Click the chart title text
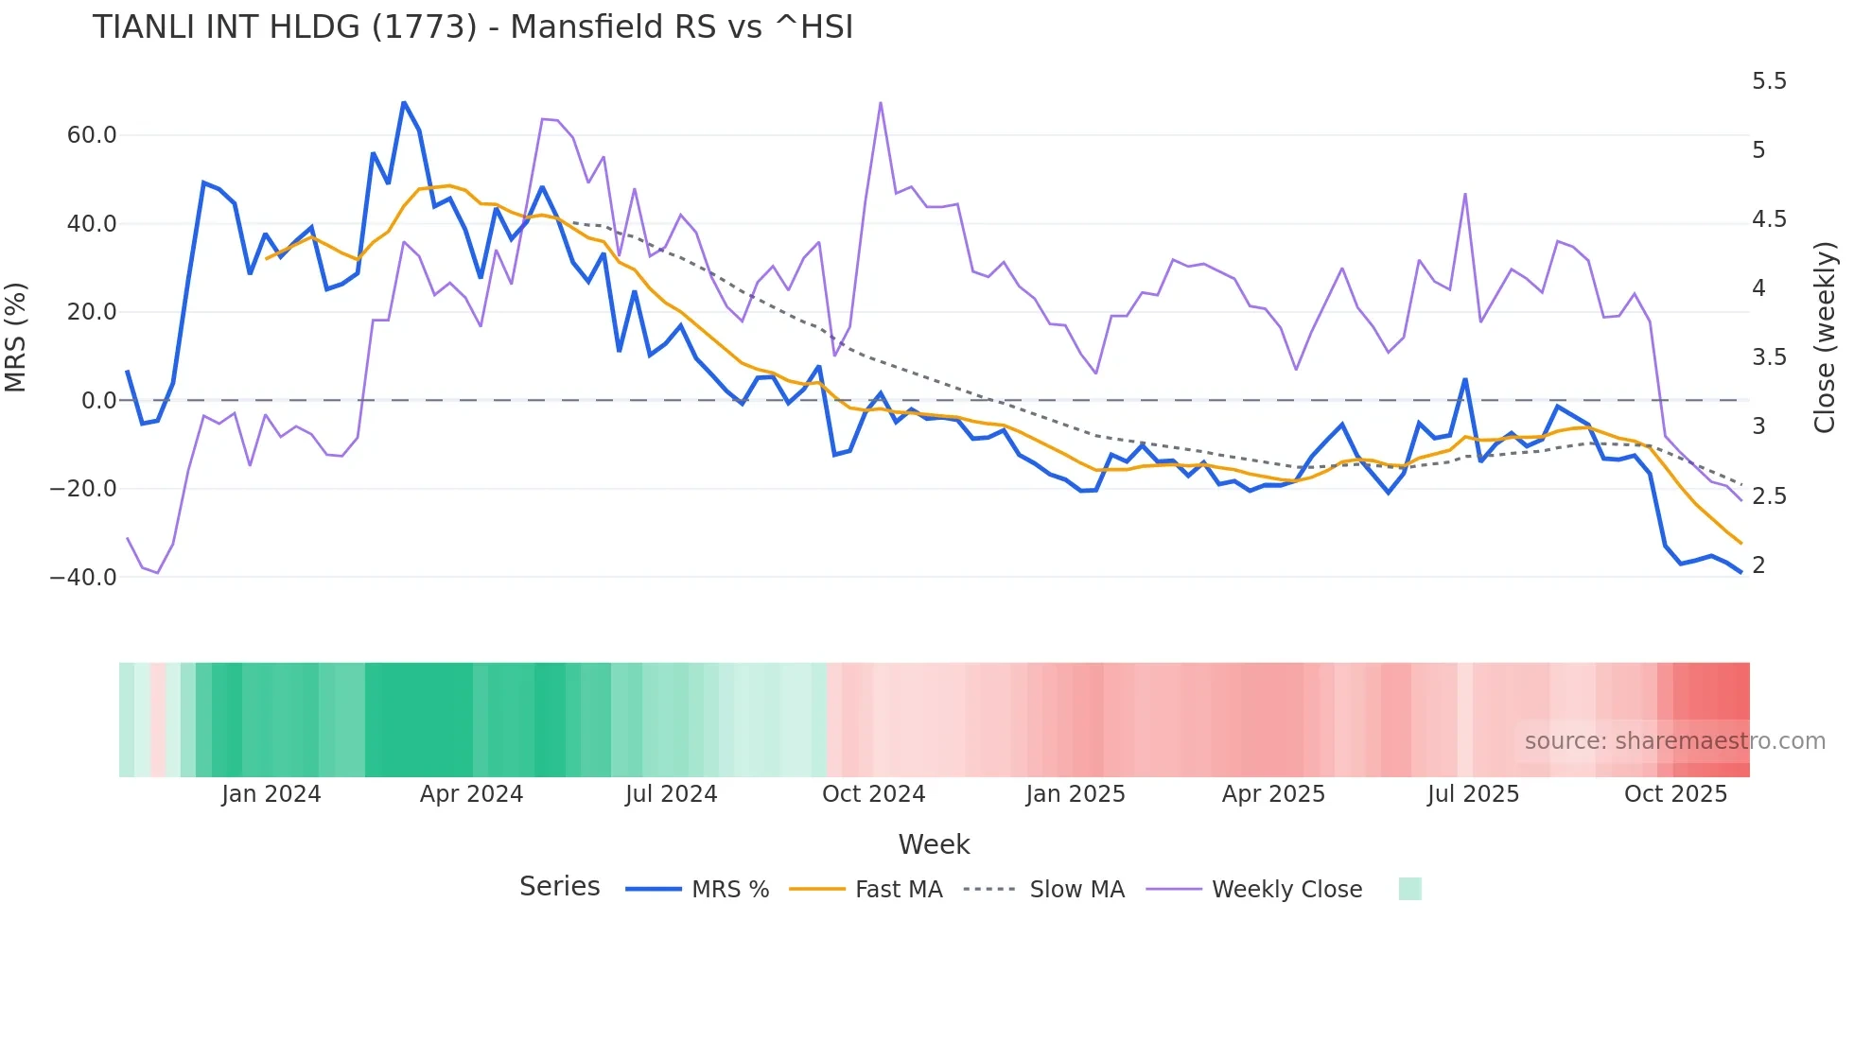tap(472, 27)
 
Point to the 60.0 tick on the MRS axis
tap(92, 135)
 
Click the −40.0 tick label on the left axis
tap(84, 577)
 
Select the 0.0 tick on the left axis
tap(99, 401)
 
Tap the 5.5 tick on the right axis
tap(1769, 81)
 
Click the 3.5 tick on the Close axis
tap(1769, 357)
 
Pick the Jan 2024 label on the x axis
tap(271, 794)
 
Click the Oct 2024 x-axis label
tap(873, 794)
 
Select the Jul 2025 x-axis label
tap(1473, 794)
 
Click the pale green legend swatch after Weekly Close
tap(1409, 890)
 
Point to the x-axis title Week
tap(934, 844)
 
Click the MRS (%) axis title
tap(15, 338)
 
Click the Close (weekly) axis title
tap(1825, 338)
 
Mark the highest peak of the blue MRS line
tap(404, 102)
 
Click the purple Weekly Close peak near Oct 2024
tap(881, 102)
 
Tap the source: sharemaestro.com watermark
tap(1674, 741)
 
